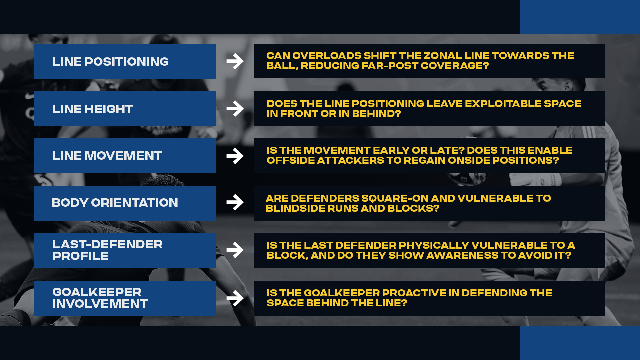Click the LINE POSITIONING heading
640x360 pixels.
pos(110,62)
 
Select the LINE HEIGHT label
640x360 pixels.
pos(93,109)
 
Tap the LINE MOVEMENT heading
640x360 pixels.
pos(107,156)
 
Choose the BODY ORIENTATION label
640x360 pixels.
pos(115,203)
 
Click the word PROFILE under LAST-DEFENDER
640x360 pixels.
pos(80,256)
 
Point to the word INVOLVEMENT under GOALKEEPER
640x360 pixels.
pos(100,304)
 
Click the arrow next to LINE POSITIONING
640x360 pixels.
pos(235,61)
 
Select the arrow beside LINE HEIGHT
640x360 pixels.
pos(235,109)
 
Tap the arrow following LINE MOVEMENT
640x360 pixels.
pos(235,156)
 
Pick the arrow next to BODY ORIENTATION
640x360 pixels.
pos(235,202)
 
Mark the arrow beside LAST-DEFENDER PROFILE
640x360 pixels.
pos(235,250)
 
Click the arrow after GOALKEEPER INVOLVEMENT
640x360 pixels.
pos(235,298)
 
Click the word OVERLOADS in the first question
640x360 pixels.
pos(327,56)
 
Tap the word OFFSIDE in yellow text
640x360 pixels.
pos(290,160)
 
